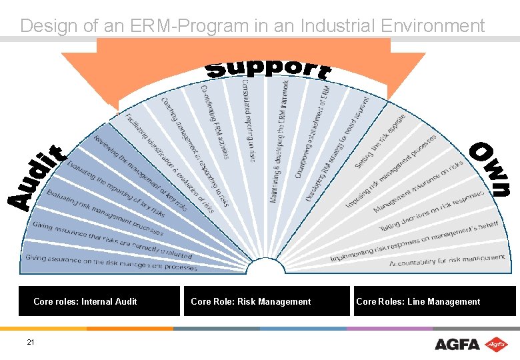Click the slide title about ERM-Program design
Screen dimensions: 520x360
[252, 26]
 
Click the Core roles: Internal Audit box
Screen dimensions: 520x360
[99, 301]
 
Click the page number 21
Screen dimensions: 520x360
[31, 343]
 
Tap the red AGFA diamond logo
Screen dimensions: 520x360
[495, 344]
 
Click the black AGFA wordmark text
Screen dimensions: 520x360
[457, 345]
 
